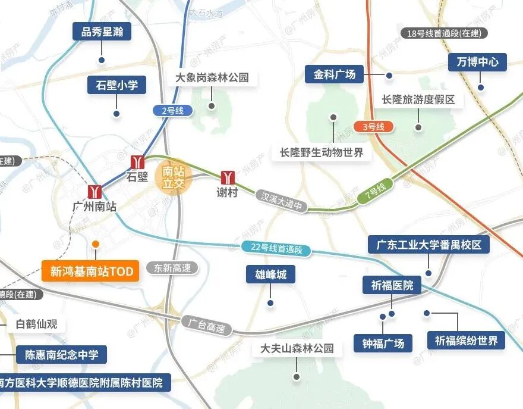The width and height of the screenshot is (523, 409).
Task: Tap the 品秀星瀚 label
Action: [x=102, y=32]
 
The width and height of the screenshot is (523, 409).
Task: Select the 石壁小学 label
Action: [x=116, y=85]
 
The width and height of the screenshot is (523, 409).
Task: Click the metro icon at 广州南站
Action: [x=94, y=191]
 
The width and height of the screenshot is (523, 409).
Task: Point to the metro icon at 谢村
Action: [x=228, y=177]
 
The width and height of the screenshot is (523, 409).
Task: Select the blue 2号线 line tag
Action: [x=172, y=110]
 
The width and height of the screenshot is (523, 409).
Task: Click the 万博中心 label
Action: [x=477, y=61]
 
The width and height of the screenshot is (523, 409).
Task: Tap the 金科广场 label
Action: [x=335, y=74]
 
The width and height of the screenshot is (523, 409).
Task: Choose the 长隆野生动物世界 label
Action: [x=322, y=152]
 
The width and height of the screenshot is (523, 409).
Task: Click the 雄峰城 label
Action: [x=270, y=274]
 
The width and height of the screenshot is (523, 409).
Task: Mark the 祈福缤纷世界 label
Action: [x=466, y=341]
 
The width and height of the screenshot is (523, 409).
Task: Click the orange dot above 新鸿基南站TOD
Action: [x=95, y=243]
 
